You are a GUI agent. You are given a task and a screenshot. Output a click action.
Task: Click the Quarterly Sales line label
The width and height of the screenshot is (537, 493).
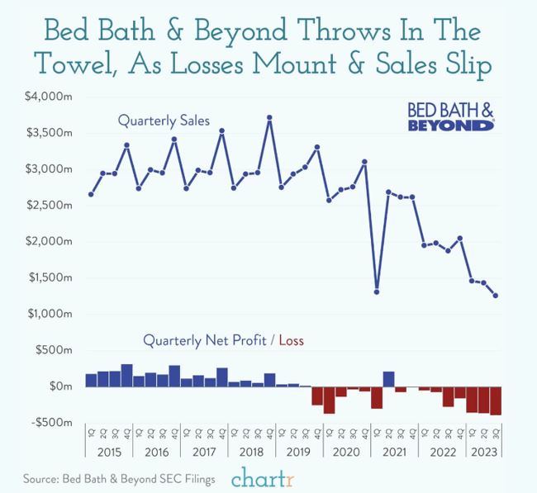164,121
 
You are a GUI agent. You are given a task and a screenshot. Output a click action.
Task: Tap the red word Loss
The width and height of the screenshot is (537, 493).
293,339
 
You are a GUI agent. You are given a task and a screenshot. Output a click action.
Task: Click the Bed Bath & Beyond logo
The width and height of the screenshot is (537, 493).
451,116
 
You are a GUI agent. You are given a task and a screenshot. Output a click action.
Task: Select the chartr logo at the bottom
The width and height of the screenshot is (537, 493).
262,478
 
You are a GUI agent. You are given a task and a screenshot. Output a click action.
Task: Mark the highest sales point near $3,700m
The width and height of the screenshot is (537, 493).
269,117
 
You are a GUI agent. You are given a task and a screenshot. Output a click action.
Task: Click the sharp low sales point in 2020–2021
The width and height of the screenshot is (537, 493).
377,292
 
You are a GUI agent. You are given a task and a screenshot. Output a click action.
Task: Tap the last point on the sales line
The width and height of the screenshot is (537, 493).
495,296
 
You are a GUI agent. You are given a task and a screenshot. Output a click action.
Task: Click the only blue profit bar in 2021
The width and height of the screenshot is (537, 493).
388,379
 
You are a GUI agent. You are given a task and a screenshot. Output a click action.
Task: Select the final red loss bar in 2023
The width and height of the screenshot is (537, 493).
495,401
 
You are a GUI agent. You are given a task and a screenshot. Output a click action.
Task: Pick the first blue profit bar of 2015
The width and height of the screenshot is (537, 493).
91,380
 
